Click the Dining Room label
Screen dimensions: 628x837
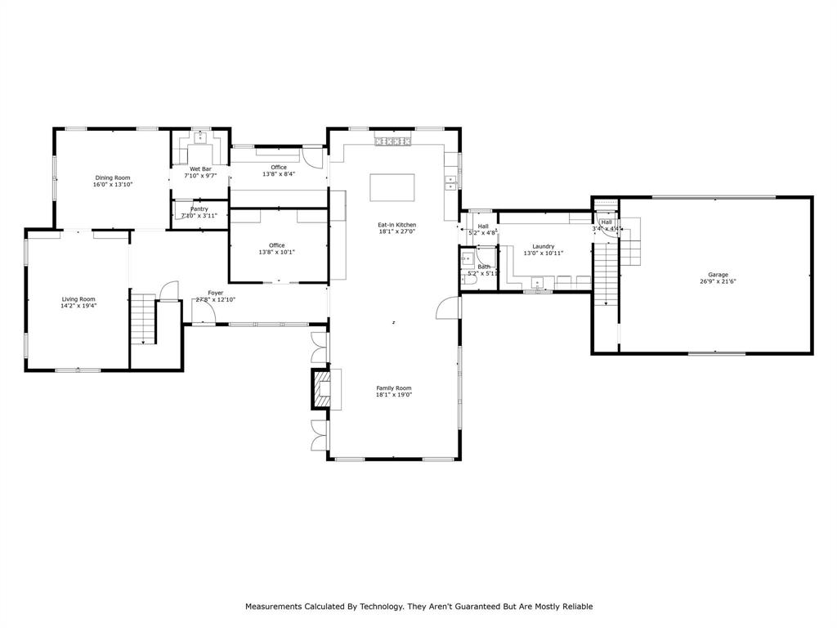pyautogui.click(x=112, y=177)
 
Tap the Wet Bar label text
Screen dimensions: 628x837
pyautogui.click(x=200, y=168)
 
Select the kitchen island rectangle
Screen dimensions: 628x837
pyautogui.click(x=392, y=187)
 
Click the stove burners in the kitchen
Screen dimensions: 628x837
pyautogui.click(x=392, y=142)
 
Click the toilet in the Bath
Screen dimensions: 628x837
pyautogui.click(x=469, y=279)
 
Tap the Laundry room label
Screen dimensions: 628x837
pyautogui.click(x=544, y=246)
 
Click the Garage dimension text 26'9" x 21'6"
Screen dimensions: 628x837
pyautogui.click(x=718, y=281)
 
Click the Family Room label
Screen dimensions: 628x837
pyautogui.click(x=393, y=388)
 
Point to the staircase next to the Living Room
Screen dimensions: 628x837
pyautogui.click(x=143, y=319)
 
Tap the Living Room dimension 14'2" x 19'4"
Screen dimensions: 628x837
pyautogui.click(x=78, y=306)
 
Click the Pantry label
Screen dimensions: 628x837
pyautogui.click(x=199, y=209)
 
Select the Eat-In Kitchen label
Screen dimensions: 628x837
pyautogui.click(x=396, y=224)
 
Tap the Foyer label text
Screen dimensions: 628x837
pyautogui.click(x=216, y=293)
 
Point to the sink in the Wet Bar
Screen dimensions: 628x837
pyautogui.click(x=199, y=137)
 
